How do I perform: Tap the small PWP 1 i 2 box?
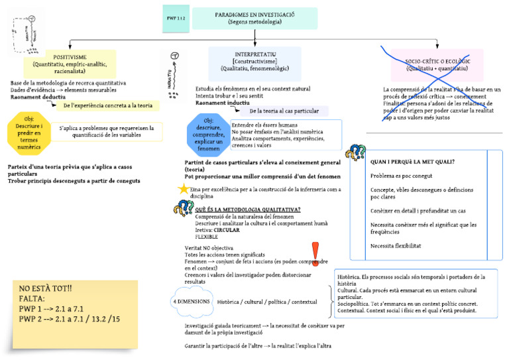tap(176, 18)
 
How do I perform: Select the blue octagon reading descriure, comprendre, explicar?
tap(209, 135)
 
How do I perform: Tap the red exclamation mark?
tap(315, 256)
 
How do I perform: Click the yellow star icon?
tap(183, 189)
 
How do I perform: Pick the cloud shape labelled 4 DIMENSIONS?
tap(192, 302)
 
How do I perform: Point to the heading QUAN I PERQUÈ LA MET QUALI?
tap(412, 161)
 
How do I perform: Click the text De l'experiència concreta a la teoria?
tap(107, 105)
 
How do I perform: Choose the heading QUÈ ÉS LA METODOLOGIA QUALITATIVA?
tap(248, 210)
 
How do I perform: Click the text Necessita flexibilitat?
tap(396, 245)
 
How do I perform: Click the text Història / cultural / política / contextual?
tap(267, 302)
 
